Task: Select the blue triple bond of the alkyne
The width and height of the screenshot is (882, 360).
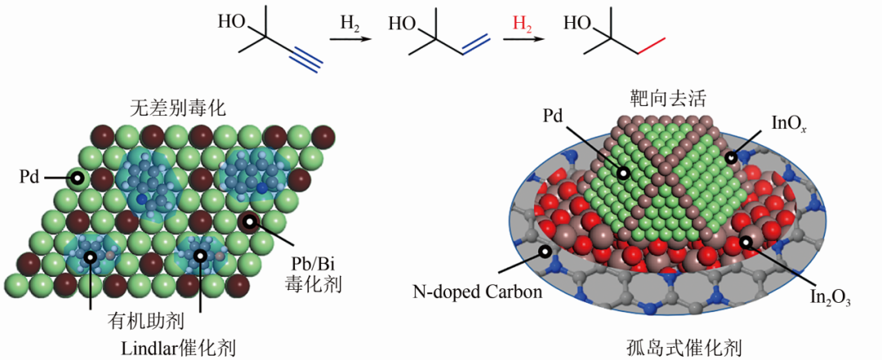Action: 306,60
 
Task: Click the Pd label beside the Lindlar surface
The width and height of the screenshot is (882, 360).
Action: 29,178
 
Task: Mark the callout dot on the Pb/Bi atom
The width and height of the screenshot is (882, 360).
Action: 248,222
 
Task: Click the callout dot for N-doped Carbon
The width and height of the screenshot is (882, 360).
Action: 544,252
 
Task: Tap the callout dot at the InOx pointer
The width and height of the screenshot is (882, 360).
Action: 731,158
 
